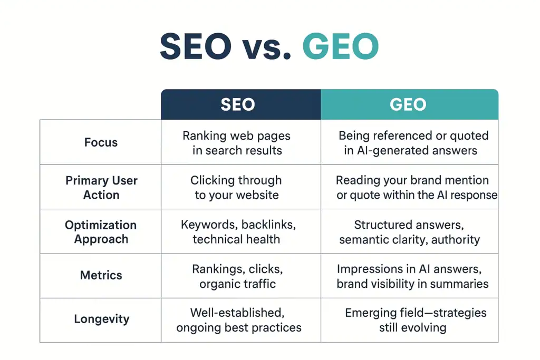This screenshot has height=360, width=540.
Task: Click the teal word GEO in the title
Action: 341,47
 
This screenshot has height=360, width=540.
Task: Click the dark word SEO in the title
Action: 196,47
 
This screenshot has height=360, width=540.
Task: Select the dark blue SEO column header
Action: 241,104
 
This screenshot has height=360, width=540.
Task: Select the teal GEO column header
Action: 409,104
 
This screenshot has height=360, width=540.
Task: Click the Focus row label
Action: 101,142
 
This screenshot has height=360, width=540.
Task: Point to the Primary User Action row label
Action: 101,187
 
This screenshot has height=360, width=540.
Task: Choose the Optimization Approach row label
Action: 101,232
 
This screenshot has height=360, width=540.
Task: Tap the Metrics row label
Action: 101,275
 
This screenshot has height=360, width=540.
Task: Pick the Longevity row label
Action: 101,319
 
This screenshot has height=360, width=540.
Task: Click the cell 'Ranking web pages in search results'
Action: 236,143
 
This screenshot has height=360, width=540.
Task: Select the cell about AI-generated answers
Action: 413,143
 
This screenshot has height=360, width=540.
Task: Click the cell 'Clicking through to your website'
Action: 236,187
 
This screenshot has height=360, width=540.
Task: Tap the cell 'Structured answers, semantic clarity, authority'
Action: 409,232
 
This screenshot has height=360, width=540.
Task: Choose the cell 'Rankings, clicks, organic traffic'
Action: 237,276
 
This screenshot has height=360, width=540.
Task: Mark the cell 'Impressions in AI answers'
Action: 412,276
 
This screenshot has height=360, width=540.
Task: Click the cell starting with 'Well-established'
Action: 238,320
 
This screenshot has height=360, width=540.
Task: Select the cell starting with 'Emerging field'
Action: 415,320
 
